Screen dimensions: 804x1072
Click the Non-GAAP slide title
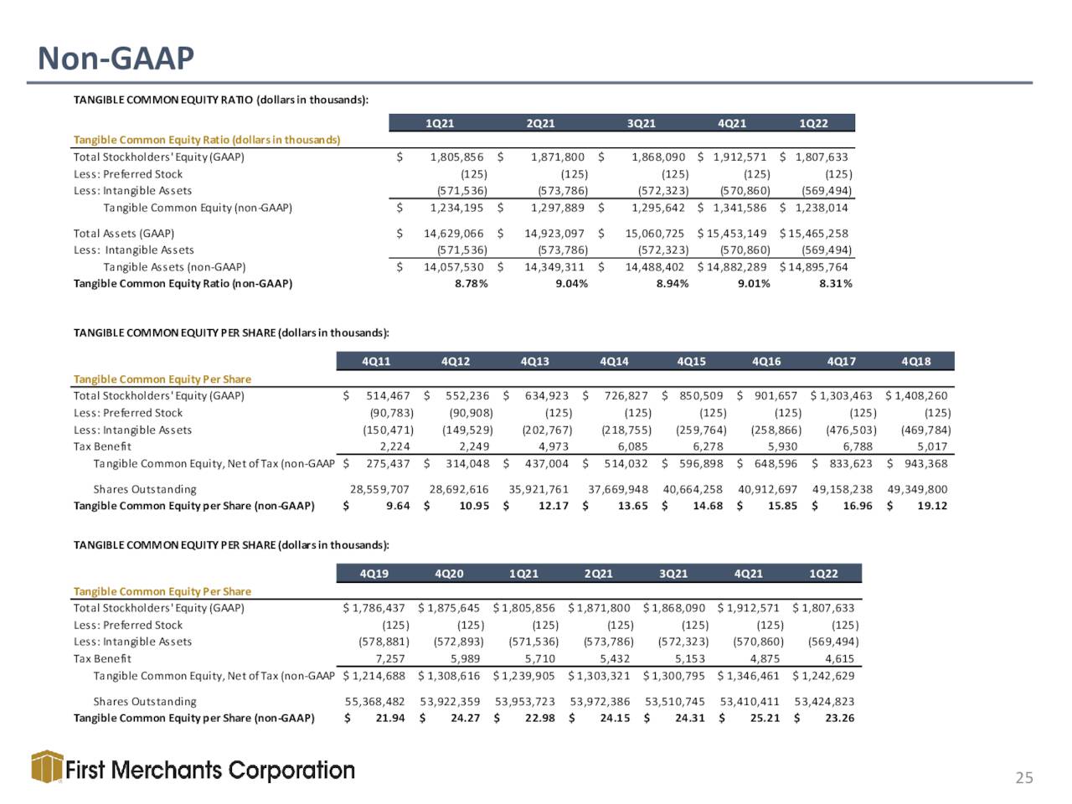click(116, 58)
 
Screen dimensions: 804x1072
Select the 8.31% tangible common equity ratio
click(835, 284)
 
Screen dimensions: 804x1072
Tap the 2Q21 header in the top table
click(540, 123)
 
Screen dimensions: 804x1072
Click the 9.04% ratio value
click(571, 284)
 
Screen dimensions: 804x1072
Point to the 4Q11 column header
click(376, 362)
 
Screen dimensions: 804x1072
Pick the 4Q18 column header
click(915, 362)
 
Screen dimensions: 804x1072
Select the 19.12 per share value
click(932, 506)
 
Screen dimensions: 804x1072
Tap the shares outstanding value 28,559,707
click(379, 489)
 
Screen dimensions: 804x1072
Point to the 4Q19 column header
click(374, 574)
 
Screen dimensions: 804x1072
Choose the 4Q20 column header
click(449, 574)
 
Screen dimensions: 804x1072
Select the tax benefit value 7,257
click(391, 659)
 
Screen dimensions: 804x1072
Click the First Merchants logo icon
click(47, 767)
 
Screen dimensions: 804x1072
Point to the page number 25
click(1024, 778)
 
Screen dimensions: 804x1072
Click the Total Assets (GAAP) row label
click(124, 234)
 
